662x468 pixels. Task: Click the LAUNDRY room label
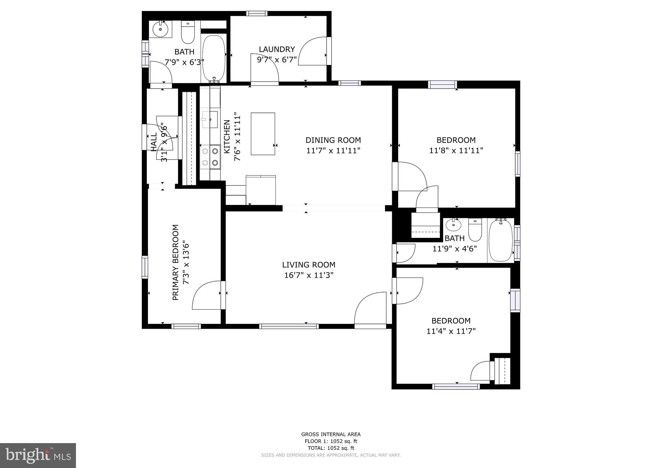277,49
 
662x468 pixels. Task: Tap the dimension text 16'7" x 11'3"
309,275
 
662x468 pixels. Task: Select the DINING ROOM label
333,140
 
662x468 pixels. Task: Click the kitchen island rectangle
263,134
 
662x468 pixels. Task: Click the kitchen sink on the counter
210,119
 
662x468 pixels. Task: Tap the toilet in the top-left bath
188,32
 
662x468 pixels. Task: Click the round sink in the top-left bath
160,29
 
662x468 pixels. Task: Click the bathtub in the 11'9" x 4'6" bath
500,240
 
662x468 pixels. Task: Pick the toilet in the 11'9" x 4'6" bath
475,230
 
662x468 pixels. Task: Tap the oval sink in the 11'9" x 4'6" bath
454,225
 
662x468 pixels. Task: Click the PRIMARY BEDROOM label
176,262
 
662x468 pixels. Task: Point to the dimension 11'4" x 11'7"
451,331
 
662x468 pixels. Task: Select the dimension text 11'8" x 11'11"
456,150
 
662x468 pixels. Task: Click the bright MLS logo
38,455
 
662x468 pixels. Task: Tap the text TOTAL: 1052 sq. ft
331,448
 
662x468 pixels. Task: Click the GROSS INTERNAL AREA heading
331,434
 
